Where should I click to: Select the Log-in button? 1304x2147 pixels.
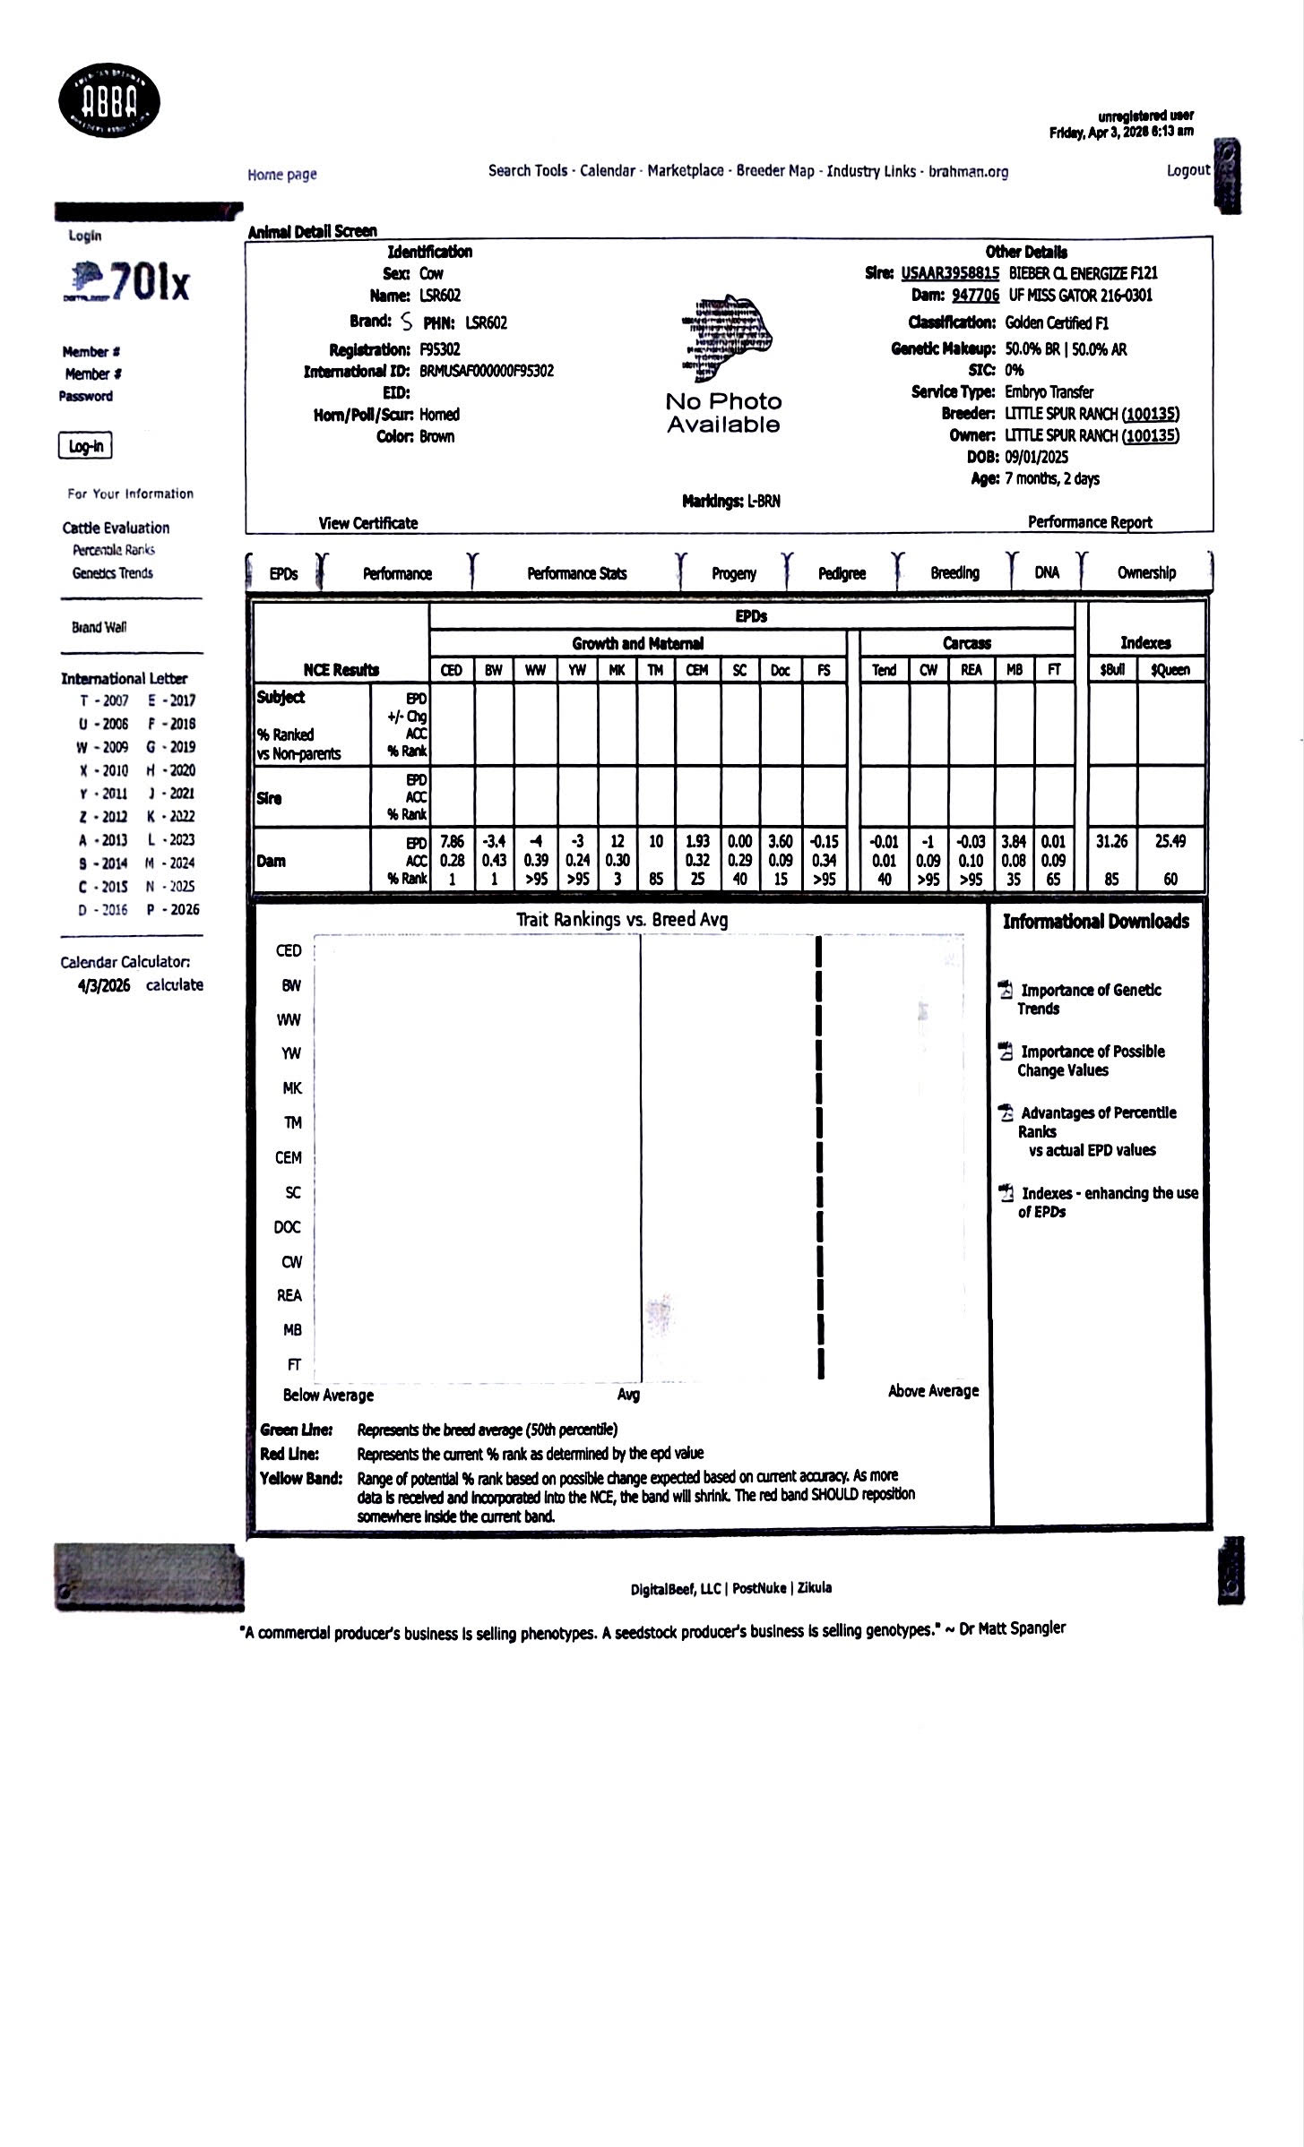(x=85, y=446)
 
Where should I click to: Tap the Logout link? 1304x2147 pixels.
(x=1187, y=170)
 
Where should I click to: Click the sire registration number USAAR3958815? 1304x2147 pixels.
(x=949, y=273)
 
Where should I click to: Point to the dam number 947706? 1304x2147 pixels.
(x=975, y=296)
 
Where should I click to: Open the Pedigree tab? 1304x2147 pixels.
(x=842, y=573)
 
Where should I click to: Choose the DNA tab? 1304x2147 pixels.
(x=1046, y=572)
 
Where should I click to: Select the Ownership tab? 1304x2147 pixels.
(x=1146, y=572)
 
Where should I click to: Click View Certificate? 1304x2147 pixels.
(x=368, y=523)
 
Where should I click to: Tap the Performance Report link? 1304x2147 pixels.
(x=1090, y=522)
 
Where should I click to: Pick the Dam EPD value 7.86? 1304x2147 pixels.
(x=452, y=841)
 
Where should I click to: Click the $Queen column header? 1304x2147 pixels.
(x=1170, y=670)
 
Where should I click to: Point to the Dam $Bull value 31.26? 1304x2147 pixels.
(x=1111, y=841)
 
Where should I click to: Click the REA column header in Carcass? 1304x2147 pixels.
(x=971, y=670)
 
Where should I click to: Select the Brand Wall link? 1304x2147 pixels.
(x=99, y=627)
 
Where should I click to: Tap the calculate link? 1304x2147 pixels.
(x=175, y=984)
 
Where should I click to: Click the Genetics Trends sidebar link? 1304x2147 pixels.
(x=113, y=573)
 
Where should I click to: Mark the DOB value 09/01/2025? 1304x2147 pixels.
(x=1037, y=457)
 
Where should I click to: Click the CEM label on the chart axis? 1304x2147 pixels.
(x=289, y=1157)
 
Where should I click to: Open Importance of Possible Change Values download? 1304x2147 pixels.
(x=1092, y=1061)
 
